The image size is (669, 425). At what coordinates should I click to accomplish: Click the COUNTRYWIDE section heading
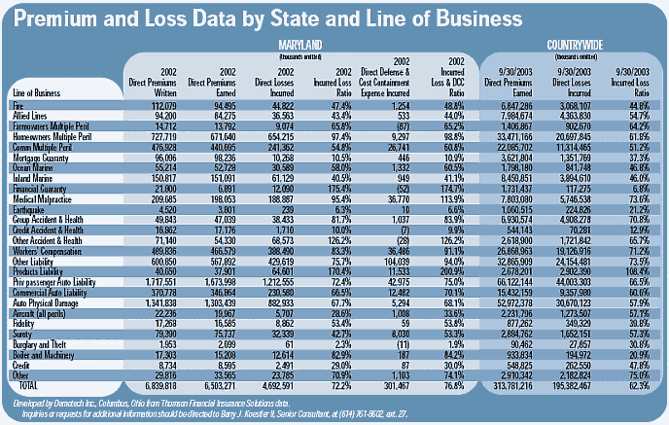pyautogui.click(x=573, y=46)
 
